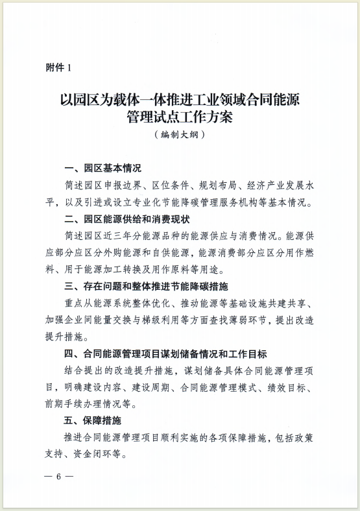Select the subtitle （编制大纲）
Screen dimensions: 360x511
pyautogui.click(x=180, y=135)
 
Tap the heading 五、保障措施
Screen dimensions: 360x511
pyautogui.click(x=93, y=421)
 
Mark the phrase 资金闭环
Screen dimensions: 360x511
pyautogui.click(x=101, y=455)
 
